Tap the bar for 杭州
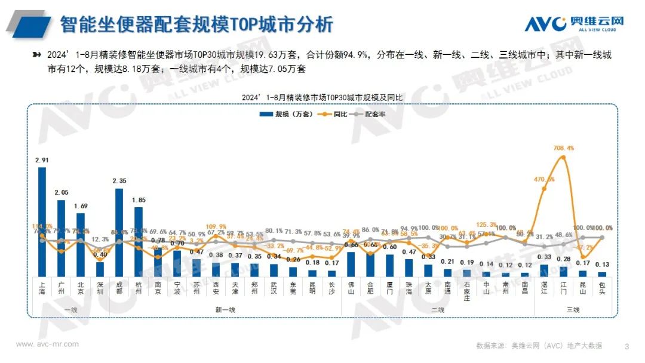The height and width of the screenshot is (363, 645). click(x=138, y=241)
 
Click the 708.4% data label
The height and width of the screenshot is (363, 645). click(x=564, y=148)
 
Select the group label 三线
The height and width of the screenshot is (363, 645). click(x=573, y=309)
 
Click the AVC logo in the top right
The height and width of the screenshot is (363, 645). click(x=573, y=24)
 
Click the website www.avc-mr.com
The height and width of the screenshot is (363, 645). click(x=47, y=344)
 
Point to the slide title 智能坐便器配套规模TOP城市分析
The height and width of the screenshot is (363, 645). click(x=196, y=24)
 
